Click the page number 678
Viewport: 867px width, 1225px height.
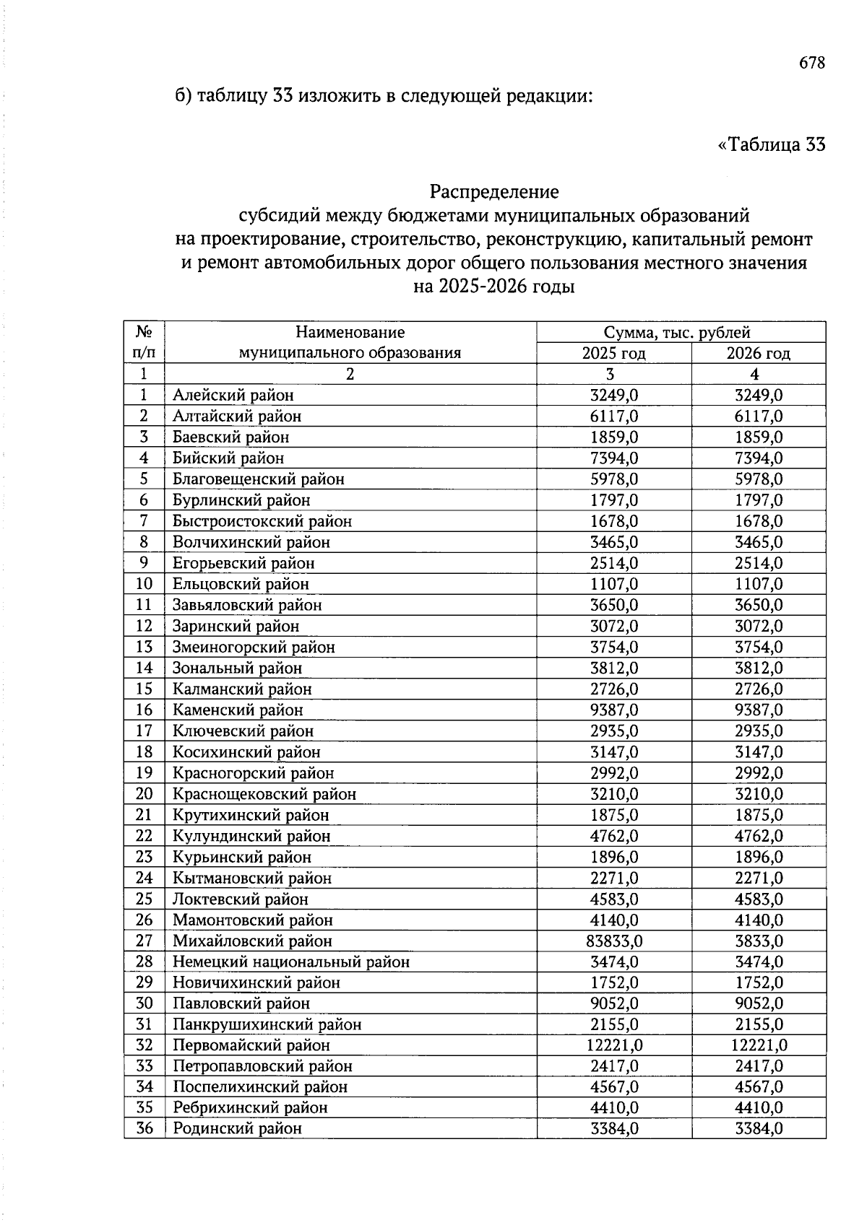[811, 63]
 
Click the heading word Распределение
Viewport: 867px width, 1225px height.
[494, 192]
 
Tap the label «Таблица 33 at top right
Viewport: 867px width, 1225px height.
[771, 144]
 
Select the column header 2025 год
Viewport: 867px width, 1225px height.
[613, 353]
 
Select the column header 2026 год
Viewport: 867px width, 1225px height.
[758, 353]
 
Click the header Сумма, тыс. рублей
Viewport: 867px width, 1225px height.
[677, 332]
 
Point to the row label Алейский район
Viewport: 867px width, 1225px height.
[233, 395]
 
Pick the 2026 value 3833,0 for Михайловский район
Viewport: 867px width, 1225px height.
[759, 941]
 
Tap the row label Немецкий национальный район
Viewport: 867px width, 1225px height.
[290, 962]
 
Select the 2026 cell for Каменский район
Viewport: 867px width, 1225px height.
[759, 710]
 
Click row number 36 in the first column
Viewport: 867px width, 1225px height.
[144, 1128]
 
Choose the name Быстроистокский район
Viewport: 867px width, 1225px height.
[262, 521]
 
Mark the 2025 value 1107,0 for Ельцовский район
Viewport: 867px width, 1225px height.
[614, 584]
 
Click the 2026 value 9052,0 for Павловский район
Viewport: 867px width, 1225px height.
[759, 1003]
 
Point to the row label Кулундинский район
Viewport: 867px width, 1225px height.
[251, 836]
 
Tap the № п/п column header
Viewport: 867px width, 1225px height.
[144, 342]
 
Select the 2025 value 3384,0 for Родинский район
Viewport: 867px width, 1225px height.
[614, 1129]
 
